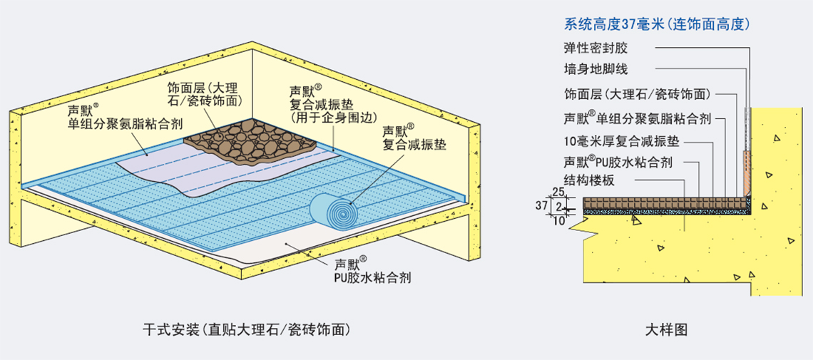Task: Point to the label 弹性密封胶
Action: pos(595,48)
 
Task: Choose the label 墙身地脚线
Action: pos(595,70)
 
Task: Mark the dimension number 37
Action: pos(549,205)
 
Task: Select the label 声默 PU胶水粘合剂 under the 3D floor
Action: pos(372,272)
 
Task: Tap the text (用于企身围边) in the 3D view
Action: pos(329,118)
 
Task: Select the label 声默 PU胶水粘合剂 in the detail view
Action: pos(618,162)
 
